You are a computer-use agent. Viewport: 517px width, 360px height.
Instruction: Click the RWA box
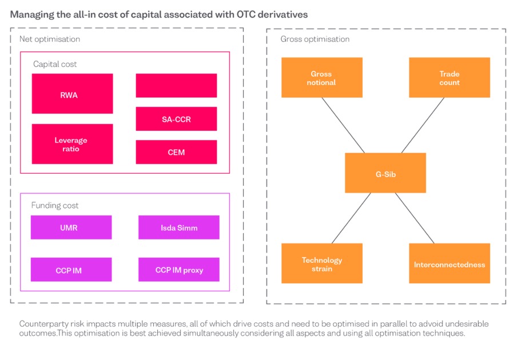[72, 94]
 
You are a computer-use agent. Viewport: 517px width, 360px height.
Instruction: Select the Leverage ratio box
[72, 144]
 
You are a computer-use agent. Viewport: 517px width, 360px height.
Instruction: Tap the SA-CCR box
[176, 119]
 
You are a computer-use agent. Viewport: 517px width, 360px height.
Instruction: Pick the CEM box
[176, 152]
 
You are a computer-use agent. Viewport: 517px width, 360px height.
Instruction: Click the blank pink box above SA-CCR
[176, 86]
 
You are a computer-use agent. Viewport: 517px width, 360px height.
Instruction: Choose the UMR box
[71, 227]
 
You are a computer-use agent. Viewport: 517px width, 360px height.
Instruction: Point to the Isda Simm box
[179, 227]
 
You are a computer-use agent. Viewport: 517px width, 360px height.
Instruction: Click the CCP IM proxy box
[179, 269]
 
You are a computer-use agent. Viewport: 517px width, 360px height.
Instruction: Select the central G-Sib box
[385, 173]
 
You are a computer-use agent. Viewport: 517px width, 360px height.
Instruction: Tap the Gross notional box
[322, 78]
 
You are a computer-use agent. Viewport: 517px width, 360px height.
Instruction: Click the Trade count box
[450, 78]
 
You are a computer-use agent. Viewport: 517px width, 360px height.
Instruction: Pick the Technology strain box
[322, 263]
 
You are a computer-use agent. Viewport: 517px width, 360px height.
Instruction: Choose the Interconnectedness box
[450, 263]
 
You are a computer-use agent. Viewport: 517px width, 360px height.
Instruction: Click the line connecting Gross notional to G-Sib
[343, 125]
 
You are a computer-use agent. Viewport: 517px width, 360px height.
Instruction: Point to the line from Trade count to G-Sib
[423, 125]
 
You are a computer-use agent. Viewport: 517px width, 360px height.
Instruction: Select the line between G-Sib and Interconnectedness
[415, 218]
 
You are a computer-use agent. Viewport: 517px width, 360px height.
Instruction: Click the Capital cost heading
[55, 64]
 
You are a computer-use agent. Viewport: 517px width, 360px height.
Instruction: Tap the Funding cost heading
[55, 206]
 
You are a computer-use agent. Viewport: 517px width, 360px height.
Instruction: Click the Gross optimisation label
[315, 39]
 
